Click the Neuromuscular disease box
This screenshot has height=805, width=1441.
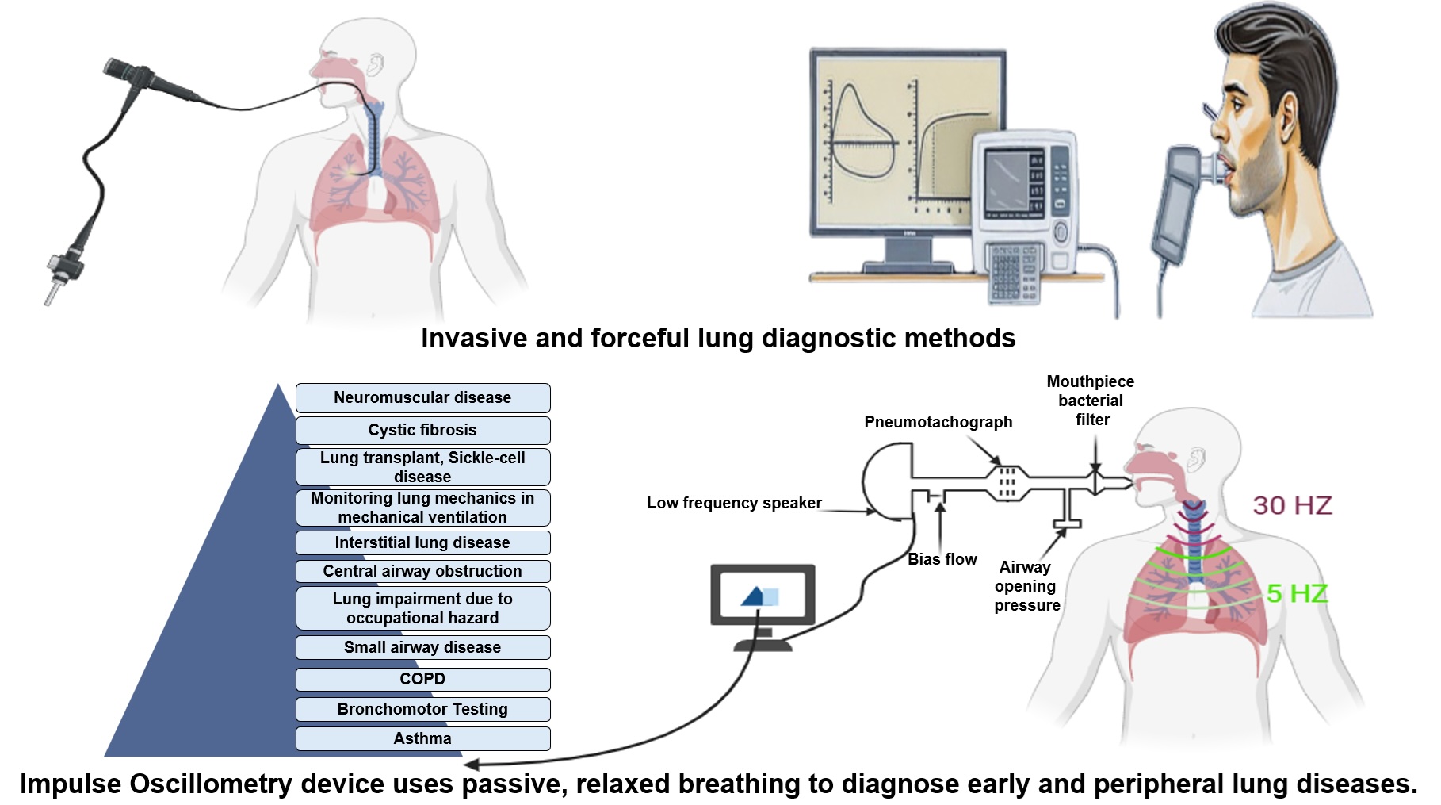422,397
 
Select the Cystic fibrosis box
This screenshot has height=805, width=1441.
422,430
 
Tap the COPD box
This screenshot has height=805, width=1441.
422,679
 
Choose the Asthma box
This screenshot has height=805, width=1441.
422,738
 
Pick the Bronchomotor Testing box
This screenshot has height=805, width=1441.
422,709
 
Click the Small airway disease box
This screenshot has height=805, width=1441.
422,647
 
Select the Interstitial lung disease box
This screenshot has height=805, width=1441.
422,542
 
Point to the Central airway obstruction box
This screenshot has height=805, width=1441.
422,571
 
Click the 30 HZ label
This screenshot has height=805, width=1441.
1292,505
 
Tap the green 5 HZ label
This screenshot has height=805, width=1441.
1297,593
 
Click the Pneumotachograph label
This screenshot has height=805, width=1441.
938,422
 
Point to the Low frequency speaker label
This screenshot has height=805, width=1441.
734,503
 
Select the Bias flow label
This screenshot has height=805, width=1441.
942,559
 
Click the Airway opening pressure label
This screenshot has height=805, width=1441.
1026,586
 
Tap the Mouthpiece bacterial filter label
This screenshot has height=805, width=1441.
1091,401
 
